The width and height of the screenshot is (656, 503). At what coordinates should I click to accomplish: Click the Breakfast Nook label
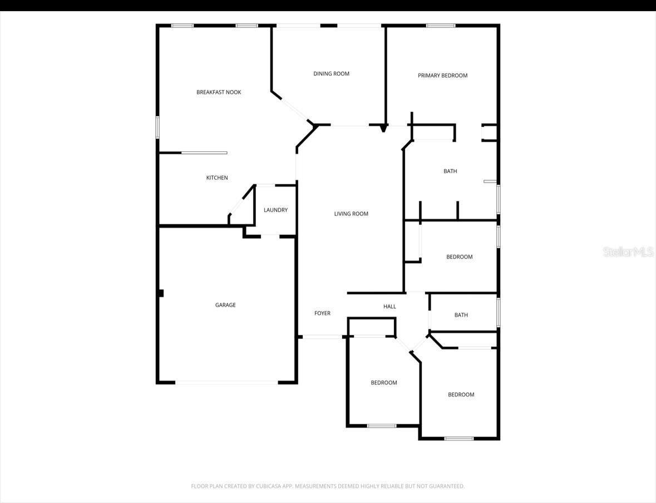click(219, 92)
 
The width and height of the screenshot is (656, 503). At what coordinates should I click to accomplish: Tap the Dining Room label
click(331, 74)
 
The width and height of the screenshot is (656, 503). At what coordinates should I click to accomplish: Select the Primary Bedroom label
click(442, 76)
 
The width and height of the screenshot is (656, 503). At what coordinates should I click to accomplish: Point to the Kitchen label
click(217, 178)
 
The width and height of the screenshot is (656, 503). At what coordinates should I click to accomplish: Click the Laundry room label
click(275, 210)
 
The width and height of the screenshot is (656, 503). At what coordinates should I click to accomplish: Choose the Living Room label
click(351, 214)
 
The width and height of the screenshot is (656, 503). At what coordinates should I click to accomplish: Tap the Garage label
click(225, 305)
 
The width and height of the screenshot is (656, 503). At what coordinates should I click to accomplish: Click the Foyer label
click(322, 314)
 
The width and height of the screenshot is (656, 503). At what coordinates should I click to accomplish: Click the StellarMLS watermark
click(628, 252)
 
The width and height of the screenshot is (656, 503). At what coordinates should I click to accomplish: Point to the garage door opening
click(226, 382)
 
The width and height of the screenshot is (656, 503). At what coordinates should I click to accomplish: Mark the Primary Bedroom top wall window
click(441, 26)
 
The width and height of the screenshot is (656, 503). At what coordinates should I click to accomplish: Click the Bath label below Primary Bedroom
click(450, 171)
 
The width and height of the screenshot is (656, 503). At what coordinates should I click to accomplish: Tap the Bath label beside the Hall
click(461, 315)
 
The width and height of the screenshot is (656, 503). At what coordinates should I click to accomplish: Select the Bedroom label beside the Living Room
click(459, 257)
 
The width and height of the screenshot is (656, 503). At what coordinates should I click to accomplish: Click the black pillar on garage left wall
click(160, 293)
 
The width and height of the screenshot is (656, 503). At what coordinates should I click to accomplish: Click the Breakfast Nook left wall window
click(157, 127)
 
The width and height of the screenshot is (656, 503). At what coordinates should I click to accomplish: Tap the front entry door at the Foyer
click(322, 337)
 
